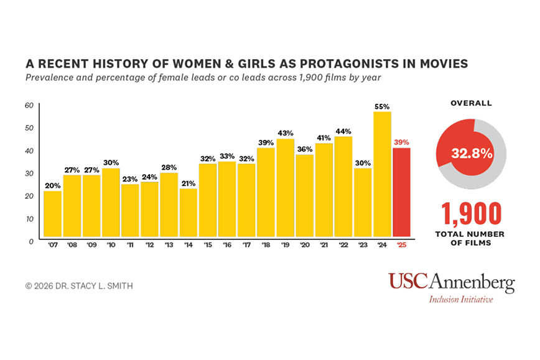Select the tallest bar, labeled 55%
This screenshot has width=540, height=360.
click(382, 175)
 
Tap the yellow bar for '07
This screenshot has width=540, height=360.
click(52, 215)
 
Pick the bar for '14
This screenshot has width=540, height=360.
click(189, 213)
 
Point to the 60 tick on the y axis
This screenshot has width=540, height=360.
click(29, 105)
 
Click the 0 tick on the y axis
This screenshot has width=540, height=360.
click(30, 241)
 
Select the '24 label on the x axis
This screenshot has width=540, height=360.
click(382, 246)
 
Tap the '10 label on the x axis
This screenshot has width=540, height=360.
click(111, 246)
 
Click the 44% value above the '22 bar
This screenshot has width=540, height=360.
click(343, 131)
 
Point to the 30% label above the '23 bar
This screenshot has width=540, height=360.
click(363, 163)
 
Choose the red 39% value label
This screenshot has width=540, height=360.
click(401, 142)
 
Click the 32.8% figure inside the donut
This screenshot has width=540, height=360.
click(472, 153)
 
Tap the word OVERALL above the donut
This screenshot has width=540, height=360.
click(472, 103)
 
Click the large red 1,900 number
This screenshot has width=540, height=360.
click(472, 213)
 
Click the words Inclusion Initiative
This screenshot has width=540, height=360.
click(461, 299)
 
